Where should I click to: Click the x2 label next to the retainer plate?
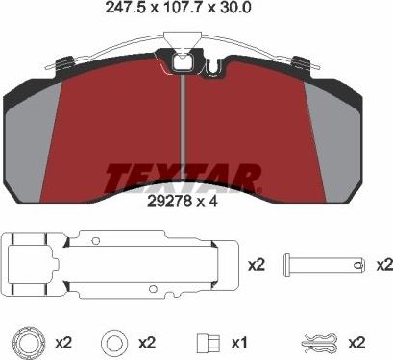click(256, 264)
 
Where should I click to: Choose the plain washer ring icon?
click(111, 341)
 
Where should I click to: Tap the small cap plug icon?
click(204, 341)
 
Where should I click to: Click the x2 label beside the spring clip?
click(356, 342)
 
